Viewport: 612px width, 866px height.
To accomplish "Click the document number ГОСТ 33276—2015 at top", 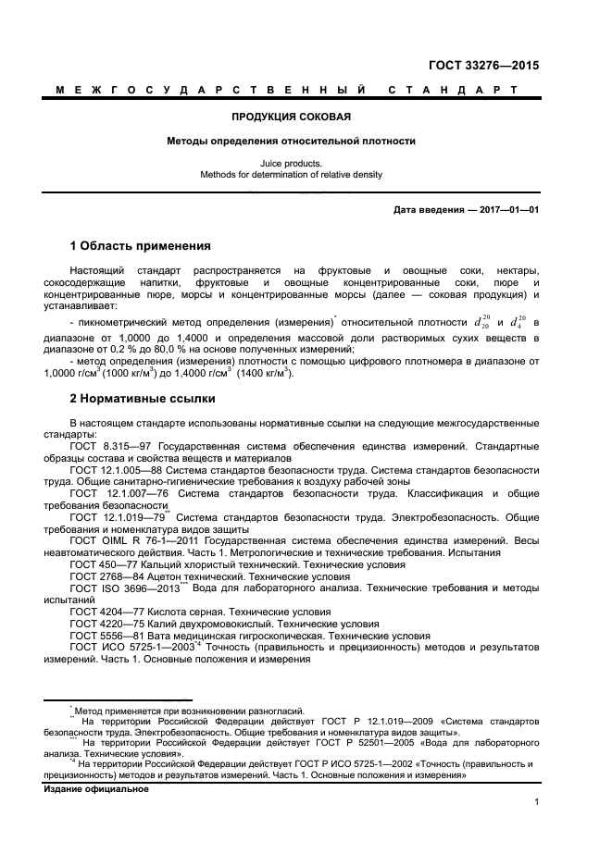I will [x=483, y=66].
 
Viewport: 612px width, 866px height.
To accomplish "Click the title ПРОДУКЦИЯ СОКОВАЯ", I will [x=291, y=118].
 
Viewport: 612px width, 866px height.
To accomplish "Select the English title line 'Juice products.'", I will [x=291, y=162].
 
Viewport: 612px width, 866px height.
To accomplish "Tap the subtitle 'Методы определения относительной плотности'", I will [x=291, y=142].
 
